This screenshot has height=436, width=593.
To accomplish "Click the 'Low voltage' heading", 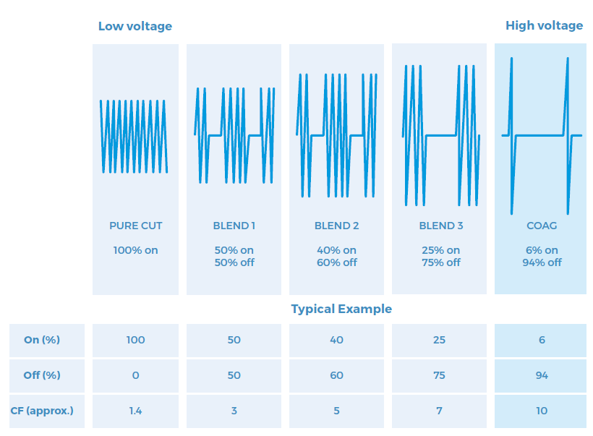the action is pyautogui.click(x=135, y=26).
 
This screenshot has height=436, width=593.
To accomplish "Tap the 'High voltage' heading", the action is pyautogui.click(x=545, y=26).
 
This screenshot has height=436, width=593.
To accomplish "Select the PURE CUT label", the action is pyautogui.click(x=135, y=226).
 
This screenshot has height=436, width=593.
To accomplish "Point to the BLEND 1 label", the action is pyautogui.click(x=234, y=226).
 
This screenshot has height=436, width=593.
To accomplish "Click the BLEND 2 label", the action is pyautogui.click(x=336, y=226).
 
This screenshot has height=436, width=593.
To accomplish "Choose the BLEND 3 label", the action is pyautogui.click(x=441, y=226).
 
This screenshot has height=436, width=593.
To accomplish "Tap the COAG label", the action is pyautogui.click(x=542, y=226).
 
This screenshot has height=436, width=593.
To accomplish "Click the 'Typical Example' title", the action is pyautogui.click(x=341, y=309).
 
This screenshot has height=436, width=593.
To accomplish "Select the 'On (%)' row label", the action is pyautogui.click(x=42, y=340).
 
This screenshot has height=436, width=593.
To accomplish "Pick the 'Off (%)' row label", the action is pyautogui.click(x=42, y=375).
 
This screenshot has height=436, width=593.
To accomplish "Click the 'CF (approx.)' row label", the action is pyautogui.click(x=42, y=411).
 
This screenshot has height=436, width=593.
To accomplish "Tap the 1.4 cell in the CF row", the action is pyautogui.click(x=135, y=411).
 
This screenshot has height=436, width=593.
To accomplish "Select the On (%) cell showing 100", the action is pyautogui.click(x=135, y=340).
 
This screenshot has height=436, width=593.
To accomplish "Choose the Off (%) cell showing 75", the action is pyautogui.click(x=439, y=375).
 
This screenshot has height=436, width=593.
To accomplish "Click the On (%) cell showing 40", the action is pyautogui.click(x=336, y=340).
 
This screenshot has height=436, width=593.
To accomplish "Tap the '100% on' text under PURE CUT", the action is pyautogui.click(x=135, y=250).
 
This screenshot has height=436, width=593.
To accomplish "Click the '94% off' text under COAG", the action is pyautogui.click(x=542, y=262).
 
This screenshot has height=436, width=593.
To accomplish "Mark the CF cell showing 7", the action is pyautogui.click(x=439, y=411).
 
